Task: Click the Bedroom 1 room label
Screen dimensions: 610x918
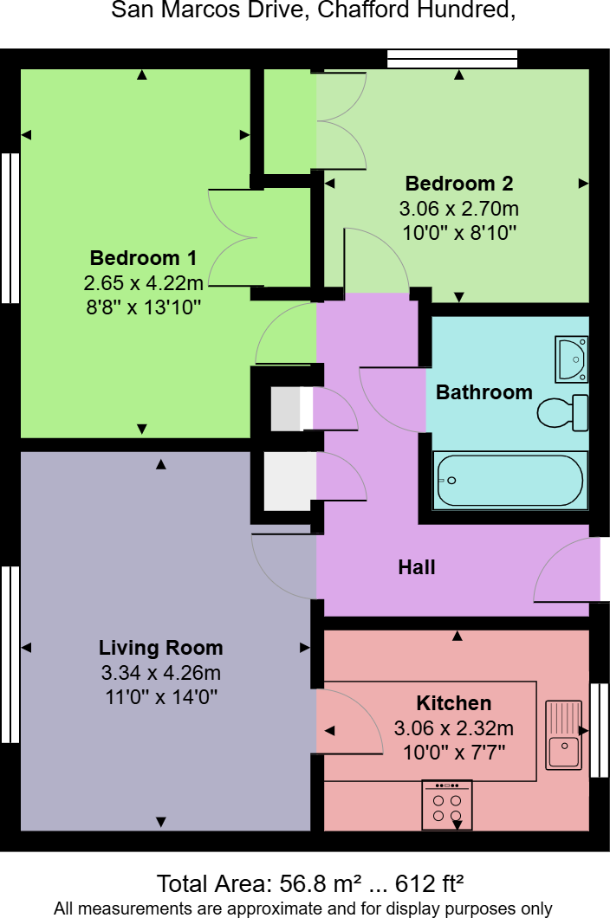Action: point(143,257)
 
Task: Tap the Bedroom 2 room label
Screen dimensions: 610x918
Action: point(459,184)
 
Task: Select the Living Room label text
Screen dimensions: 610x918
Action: point(160,648)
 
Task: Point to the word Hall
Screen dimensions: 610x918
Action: point(417,566)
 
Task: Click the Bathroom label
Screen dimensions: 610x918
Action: point(484,391)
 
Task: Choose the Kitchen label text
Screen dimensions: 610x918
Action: point(453,702)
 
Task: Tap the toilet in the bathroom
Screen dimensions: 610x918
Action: point(563,411)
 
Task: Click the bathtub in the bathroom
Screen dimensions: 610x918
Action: point(510,480)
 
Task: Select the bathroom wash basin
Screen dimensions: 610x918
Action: point(572,359)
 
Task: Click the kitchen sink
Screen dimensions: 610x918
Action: point(564,734)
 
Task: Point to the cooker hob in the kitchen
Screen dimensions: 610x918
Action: point(446,805)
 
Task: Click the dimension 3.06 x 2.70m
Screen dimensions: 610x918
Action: point(459,209)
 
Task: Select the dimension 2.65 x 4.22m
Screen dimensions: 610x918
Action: point(143,283)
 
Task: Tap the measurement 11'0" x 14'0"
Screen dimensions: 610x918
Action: point(161,697)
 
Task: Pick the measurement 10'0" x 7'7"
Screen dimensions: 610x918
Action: point(454,752)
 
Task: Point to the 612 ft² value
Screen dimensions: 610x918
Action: point(430,883)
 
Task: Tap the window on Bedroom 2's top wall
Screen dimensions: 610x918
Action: point(452,59)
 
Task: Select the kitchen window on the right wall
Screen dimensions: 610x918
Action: point(599,729)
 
